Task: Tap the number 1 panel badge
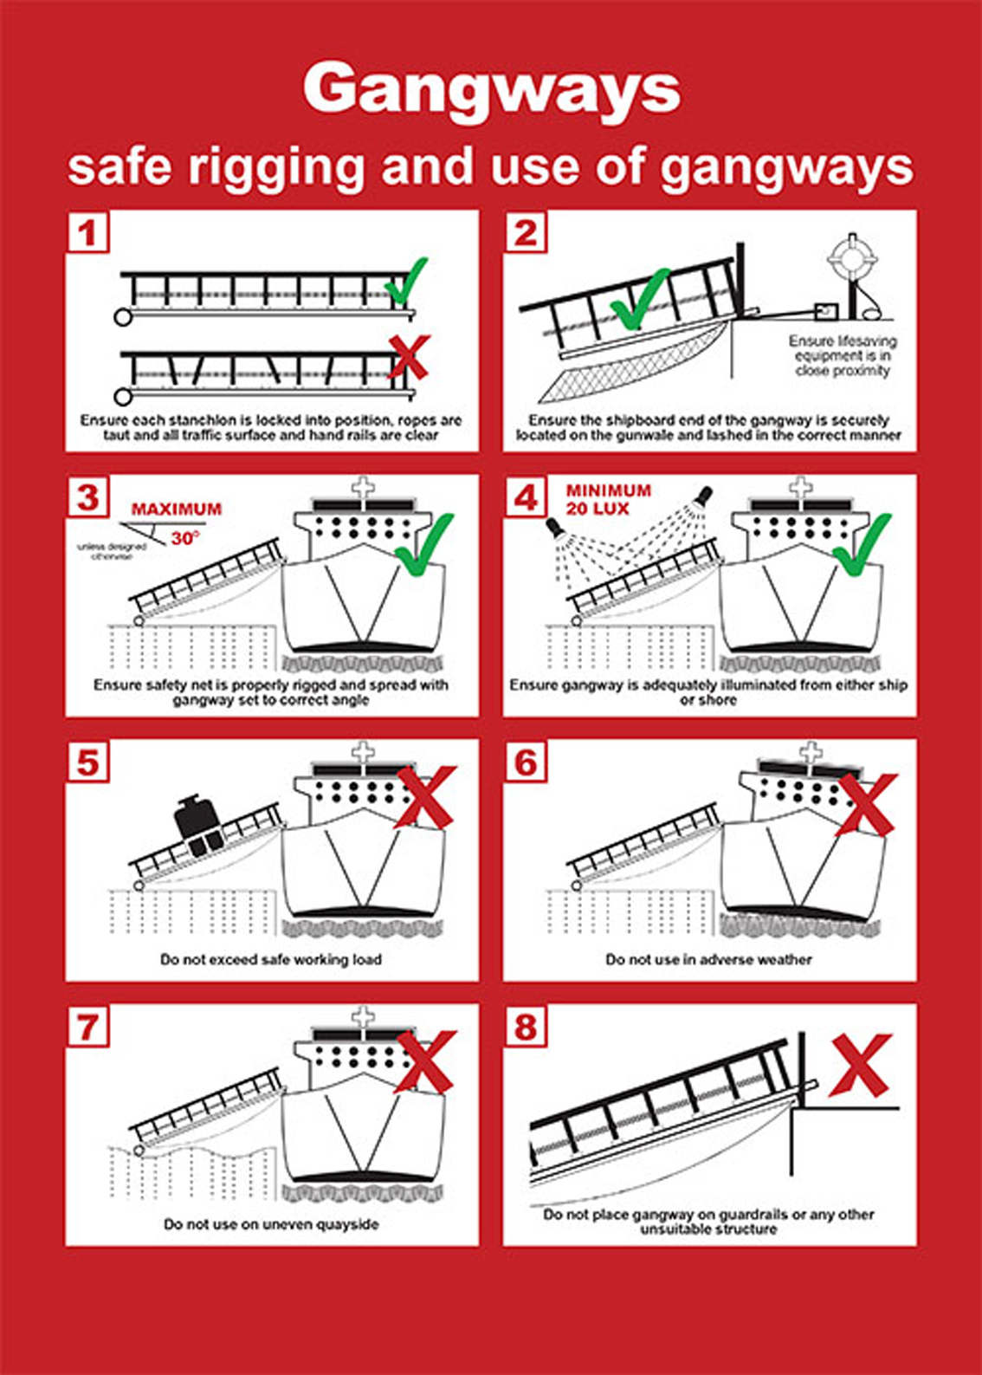(87, 233)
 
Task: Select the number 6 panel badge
(526, 763)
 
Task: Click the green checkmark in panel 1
(406, 281)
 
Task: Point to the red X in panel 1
(407, 357)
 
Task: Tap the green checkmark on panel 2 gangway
(639, 300)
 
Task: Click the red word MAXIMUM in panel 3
(177, 509)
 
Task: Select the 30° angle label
(184, 538)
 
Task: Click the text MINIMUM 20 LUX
(608, 500)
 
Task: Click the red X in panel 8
(860, 1065)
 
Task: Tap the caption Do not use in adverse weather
(708, 960)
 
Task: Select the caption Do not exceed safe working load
(270, 960)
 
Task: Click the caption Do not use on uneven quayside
(271, 1224)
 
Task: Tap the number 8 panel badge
(526, 1028)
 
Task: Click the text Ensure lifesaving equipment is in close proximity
(842, 356)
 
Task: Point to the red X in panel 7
(424, 1061)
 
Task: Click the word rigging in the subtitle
(278, 166)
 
